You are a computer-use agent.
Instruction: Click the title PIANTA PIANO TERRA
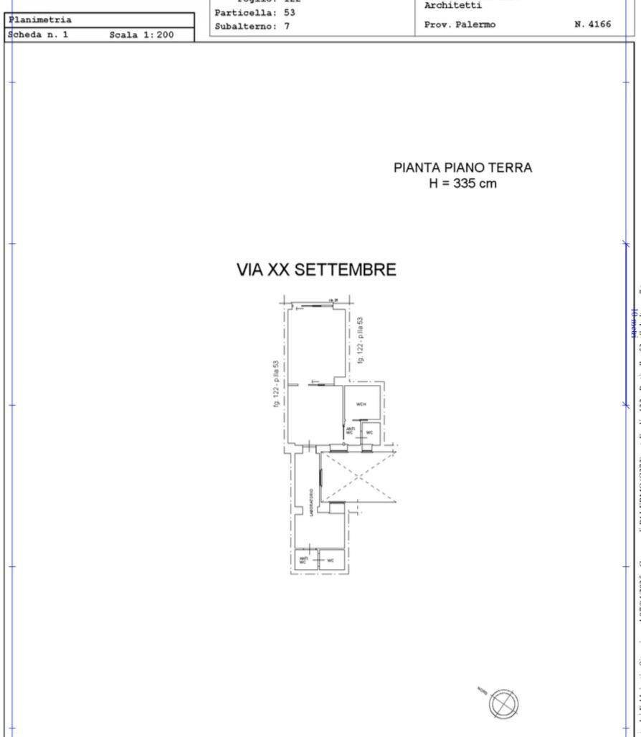(x=462, y=168)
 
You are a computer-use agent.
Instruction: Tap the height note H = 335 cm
(x=462, y=184)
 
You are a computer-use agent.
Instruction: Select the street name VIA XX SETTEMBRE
(x=316, y=270)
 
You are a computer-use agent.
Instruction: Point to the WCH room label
(x=361, y=404)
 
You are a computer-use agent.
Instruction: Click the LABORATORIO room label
(x=310, y=503)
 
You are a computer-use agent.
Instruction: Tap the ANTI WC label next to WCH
(x=350, y=432)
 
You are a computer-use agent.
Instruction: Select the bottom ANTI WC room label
(x=303, y=561)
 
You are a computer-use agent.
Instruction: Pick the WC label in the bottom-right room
(x=331, y=561)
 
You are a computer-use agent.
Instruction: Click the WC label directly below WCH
(x=369, y=432)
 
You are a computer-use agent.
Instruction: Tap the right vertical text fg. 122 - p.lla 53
(x=361, y=340)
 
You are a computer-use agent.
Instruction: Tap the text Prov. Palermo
(x=460, y=24)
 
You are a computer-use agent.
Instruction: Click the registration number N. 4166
(x=592, y=24)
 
